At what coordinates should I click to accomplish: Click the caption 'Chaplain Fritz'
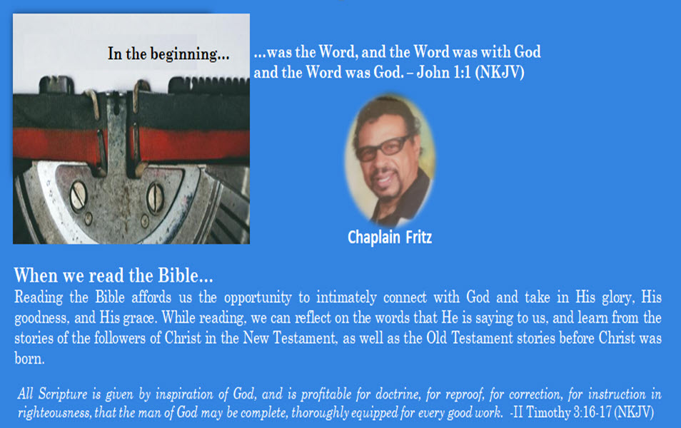(x=390, y=238)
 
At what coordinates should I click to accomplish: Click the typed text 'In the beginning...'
(x=168, y=54)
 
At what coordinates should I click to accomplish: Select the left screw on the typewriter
(x=79, y=195)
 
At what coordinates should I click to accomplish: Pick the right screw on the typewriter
(x=155, y=198)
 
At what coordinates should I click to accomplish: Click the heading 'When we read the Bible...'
(x=113, y=275)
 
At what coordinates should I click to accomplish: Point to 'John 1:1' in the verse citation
(x=443, y=72)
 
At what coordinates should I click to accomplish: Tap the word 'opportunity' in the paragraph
(x=258, y=298)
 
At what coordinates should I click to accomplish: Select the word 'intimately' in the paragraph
(x=346, y=297)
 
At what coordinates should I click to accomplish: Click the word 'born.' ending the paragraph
(x=29, y=359)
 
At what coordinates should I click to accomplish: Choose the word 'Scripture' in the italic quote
(x=63, y=394)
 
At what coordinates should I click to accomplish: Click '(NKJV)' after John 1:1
(x=500, y=72)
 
